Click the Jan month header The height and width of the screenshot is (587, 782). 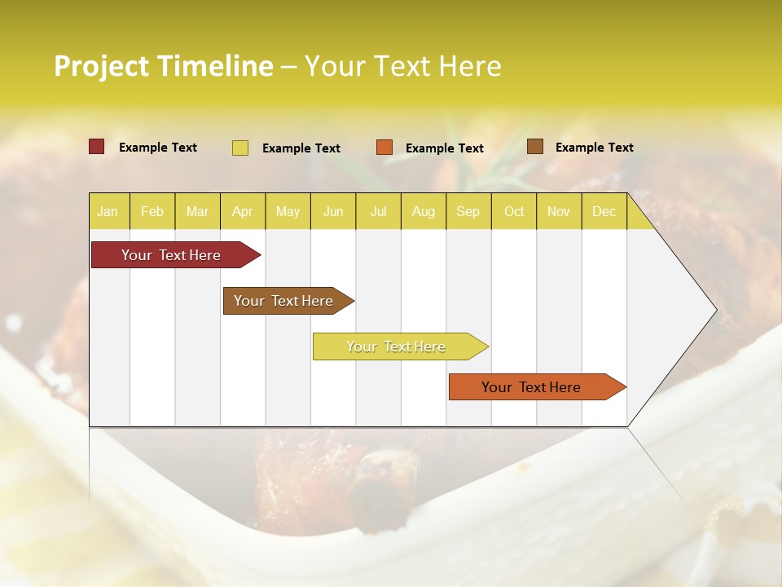(x=108, y=211)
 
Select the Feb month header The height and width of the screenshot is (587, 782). (x=152, y=211)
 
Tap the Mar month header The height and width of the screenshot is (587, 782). (x=197, y=211)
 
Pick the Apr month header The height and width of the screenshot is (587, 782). (x=242, y=211)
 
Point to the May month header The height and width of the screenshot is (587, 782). (x=288, y=211)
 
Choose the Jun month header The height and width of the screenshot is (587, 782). (x=333, y=211)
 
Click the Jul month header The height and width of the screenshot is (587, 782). (x=378, y=211)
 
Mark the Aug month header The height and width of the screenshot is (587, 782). (x=424, y=211)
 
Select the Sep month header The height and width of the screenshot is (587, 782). (x=468, y=211)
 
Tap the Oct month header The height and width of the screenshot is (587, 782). (x=514, y=211)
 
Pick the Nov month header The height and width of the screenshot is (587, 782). (x=559, y=211)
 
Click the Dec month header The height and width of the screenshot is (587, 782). (x=604, y=211)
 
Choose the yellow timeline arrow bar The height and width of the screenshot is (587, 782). (x=397, y=346)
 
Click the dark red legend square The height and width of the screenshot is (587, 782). (x=97, y=147)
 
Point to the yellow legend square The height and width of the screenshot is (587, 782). (x=240, y=148)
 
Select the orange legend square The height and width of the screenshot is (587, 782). (x=384, y=148)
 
